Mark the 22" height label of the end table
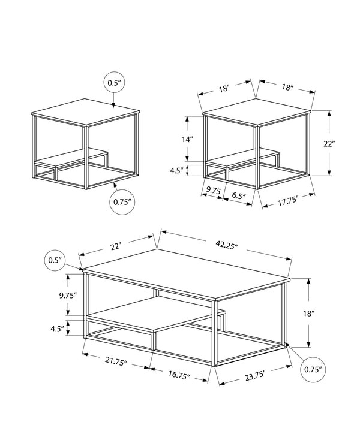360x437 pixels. [345, 144]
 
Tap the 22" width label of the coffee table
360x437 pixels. [116, 246]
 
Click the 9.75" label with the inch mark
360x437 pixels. [68, 295]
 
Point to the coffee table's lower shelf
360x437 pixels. [156, 317]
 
